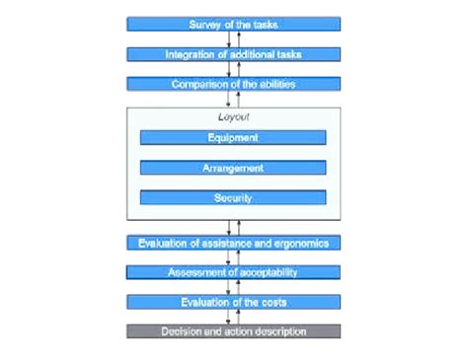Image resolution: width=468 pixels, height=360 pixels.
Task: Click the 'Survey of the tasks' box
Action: (x=233, y=24)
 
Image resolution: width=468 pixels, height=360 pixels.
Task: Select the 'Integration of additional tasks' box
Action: (x=233, y=53)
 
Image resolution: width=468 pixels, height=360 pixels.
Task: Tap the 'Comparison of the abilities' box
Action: (x=233, y=84)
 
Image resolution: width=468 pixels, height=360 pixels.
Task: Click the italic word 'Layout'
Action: (x=233, y=117)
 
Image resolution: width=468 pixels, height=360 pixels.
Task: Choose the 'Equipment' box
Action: (x=233, y=138)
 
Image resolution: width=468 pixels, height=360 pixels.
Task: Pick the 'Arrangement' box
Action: (x=233, y=168)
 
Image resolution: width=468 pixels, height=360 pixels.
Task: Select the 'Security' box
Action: (x=233, y=197)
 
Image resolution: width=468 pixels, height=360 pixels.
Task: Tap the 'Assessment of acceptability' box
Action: (x=233, y=272)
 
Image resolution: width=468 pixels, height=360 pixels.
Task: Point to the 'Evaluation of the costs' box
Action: (x=233, y=302)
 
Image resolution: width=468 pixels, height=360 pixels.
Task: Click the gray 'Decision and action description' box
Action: (x=233, y=331)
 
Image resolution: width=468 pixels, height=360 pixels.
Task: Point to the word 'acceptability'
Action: (x=267, y=272)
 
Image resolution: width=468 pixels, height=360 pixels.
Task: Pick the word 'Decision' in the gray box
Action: (x=181, y=331)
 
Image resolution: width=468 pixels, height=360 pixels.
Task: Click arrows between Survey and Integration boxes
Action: (x=233, y=38)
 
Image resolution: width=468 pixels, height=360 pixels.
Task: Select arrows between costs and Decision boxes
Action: (x=233, y=317)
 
